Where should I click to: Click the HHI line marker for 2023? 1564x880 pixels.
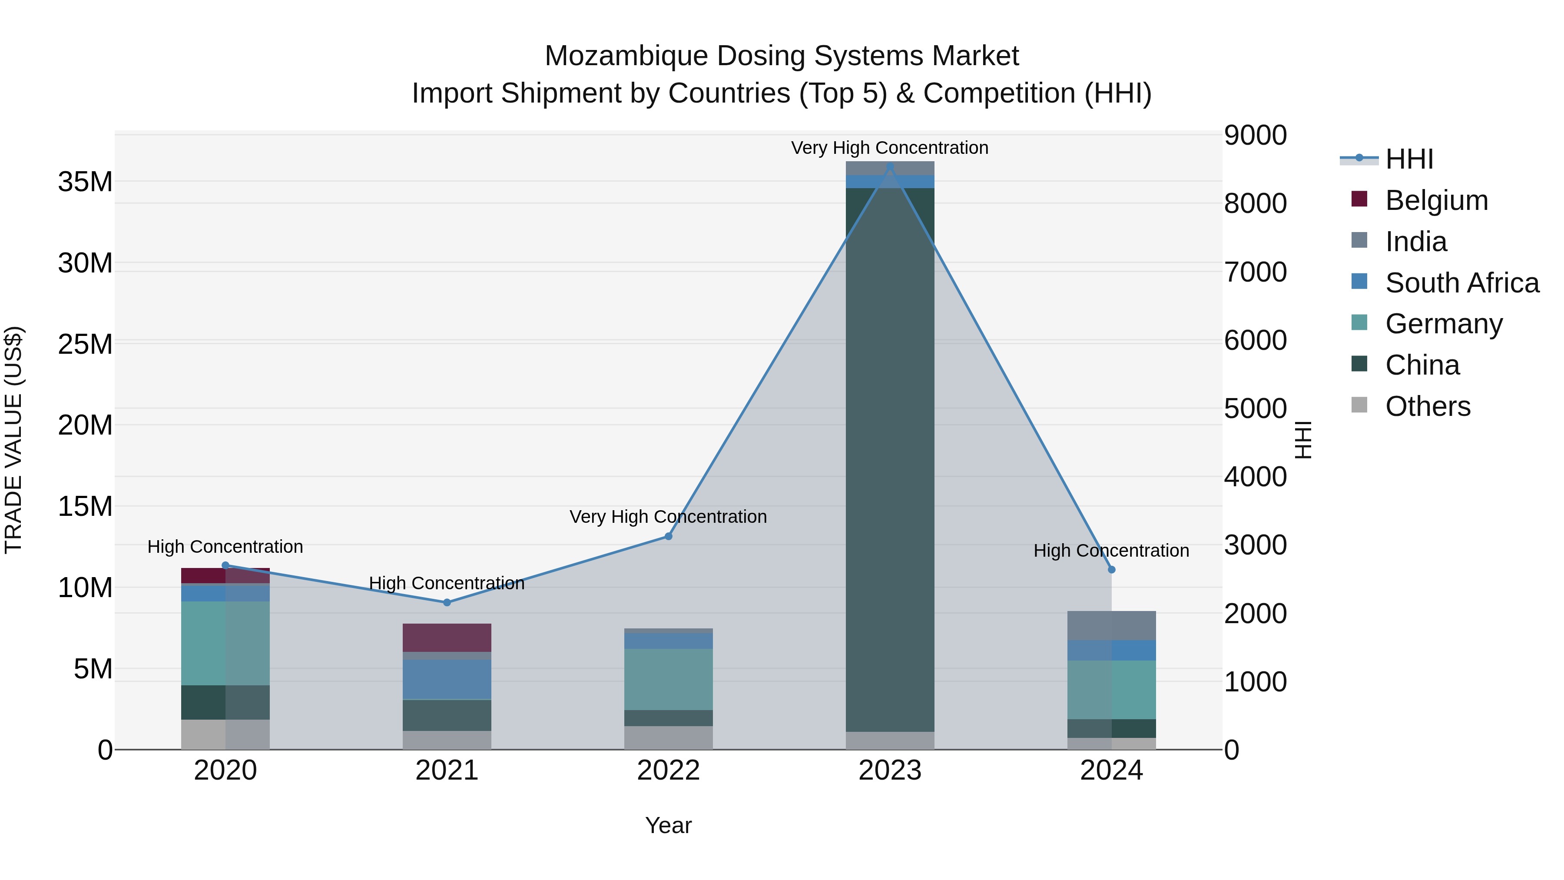(x=890, y=166)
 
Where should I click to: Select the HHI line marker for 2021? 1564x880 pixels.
(x=447, y=602)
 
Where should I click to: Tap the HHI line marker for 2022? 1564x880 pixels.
(x=669, y=536)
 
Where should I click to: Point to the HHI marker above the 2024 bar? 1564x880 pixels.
(x=1112, y=570)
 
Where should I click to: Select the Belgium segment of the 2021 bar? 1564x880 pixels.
(x=447, y=638)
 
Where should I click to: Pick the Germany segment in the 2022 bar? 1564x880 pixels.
(x=669, y=679)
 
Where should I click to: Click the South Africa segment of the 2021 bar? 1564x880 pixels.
(x=447, y=679)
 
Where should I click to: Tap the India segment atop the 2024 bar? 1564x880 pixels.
(x=1112, y=625)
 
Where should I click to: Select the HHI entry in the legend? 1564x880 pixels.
(x=1408, y=159)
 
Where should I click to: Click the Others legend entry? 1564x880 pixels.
(x=1428, y=406)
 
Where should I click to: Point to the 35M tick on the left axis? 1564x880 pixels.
(x=85, y=182)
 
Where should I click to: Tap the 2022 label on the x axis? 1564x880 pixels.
(x=669, y=770)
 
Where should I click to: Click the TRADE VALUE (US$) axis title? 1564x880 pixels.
(x=13, y=440)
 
